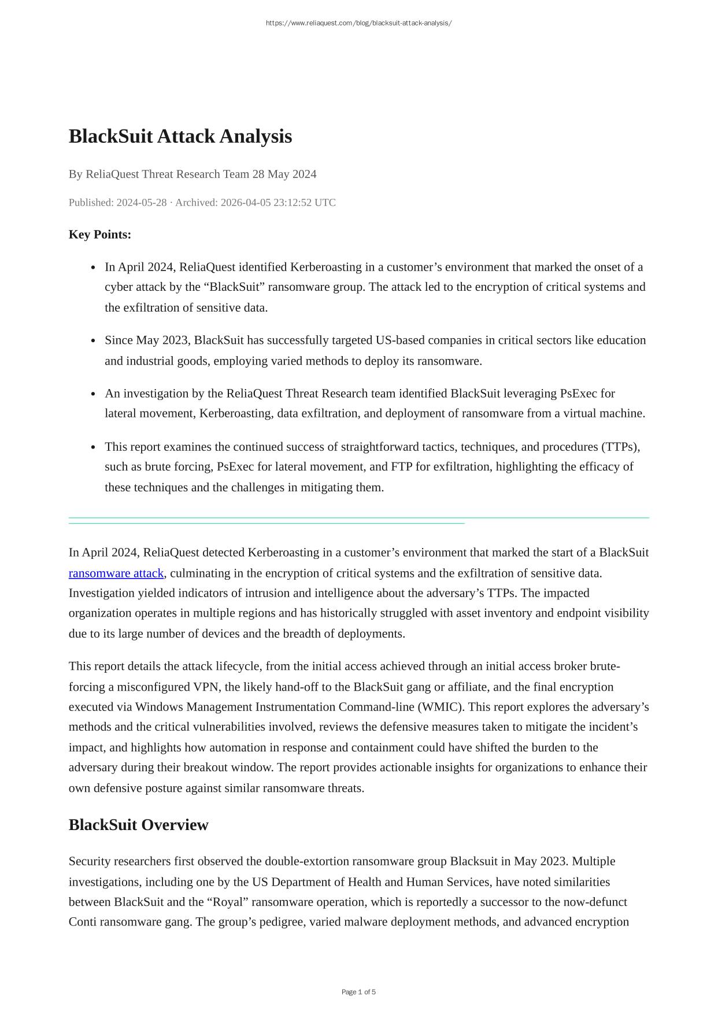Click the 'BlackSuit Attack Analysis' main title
pos(180,136)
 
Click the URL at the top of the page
pos(358,23)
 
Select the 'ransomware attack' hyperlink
pos(116,573)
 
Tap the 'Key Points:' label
pos(100,235)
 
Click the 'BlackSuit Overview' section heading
pos(138,825)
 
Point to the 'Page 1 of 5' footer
pos(358,992)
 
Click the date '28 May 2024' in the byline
pos(284,174)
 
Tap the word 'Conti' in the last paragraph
pos(83,921)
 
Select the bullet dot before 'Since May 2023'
pos(94,341)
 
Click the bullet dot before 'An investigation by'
pos(94,394)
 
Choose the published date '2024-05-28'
pos(142,202)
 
